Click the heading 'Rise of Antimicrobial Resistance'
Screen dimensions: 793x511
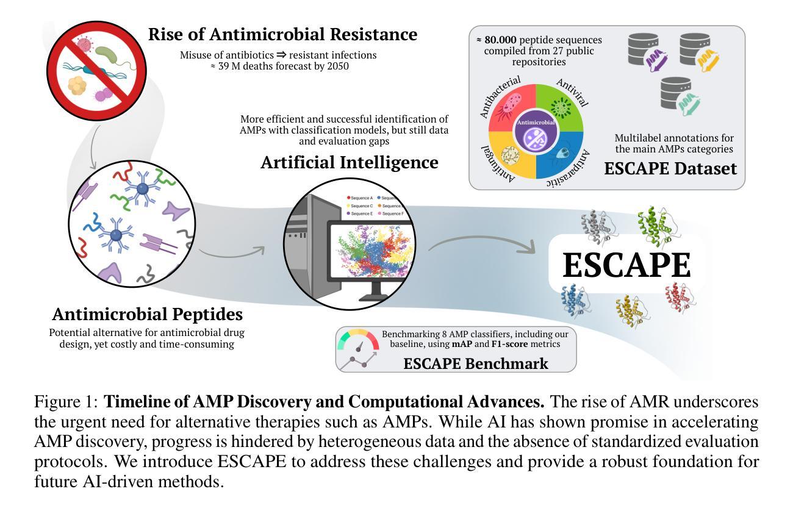point(282,35)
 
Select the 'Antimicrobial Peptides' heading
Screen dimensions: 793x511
point(147,315)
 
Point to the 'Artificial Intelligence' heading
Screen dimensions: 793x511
point(349,163)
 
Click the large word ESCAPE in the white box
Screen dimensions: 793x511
point(626,265)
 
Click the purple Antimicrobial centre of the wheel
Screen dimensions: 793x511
point(536,130)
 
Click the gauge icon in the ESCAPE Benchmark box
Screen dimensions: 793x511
point(358,349)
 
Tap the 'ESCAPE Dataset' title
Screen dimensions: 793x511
point(670,169)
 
